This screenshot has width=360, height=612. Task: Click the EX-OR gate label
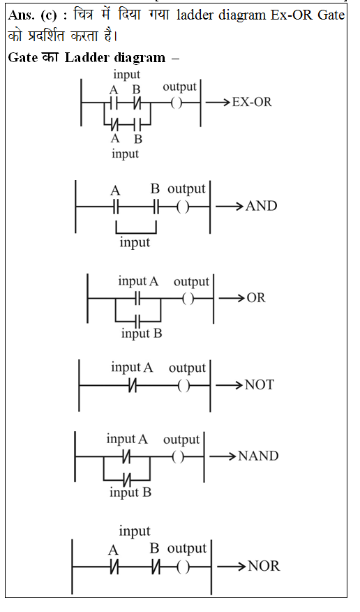coord(252,103)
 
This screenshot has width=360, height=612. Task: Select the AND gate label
coord(262,206)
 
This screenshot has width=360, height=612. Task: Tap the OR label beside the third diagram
coord(256,298)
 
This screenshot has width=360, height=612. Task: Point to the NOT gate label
coord(260,385)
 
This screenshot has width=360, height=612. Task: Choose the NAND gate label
coord(258,456)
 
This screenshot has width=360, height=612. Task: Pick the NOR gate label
coord(264,566)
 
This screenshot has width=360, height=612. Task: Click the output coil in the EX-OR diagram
coord(177,103)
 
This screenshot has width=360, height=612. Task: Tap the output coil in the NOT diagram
coord(184,386)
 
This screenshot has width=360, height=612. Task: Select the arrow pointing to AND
coord(230,206)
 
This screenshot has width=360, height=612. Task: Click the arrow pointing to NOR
coord(232,566)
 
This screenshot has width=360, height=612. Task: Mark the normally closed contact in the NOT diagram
coord(133,386)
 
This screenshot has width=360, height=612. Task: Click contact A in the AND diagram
coord(115,207)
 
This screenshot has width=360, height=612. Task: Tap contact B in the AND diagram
coord(156,207)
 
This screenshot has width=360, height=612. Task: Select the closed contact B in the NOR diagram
coord(156,567)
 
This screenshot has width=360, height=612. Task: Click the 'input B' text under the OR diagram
coord(142,334)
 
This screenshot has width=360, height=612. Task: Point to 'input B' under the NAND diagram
coord(130,493)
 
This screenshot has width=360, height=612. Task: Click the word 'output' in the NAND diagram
coord(181,440)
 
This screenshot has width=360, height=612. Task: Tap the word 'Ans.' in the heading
coord(22,15)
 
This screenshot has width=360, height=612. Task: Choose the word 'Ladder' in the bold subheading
coord(88,58)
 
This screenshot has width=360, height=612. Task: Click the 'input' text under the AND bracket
coord(135,242)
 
